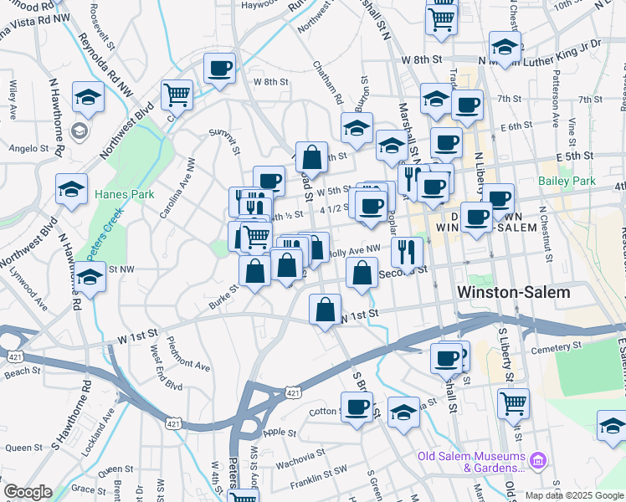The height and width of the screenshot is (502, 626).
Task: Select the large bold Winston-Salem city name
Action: [x=514, y=293]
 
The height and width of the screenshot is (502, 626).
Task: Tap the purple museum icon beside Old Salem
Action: [x=538, y=458]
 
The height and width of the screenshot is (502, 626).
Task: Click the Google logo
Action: [x=27, y=492]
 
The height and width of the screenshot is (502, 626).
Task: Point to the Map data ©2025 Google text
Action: [x=572, y=494]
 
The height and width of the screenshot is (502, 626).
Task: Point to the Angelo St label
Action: [x=29, y=148]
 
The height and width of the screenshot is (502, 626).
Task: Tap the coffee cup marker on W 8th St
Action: [x=219, y=69]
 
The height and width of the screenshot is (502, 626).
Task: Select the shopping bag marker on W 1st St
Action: [x=325, y=309]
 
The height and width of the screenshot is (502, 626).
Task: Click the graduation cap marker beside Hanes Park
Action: [x=72, y=189]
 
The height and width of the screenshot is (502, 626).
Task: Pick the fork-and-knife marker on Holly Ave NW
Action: [x=406, y=249]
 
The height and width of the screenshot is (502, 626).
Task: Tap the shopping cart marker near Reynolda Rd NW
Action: [x=177, y=95]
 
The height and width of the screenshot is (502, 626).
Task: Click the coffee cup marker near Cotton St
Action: [x=357, y=407]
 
